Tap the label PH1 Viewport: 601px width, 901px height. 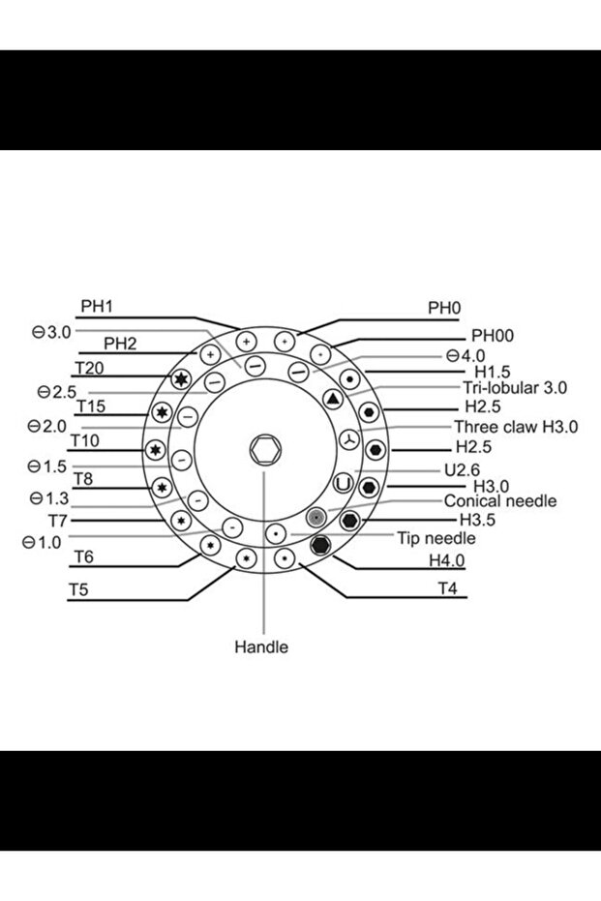[x=97, y=306]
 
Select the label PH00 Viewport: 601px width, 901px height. [x=492, y=336]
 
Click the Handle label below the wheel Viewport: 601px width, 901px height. [x=261, y=646]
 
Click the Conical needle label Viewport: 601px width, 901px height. [x=499, y=501]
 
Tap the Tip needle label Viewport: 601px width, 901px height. [x=436, y=538]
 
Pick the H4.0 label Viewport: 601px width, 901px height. [x=447, y=560]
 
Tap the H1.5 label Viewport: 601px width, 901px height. [x=493, y=371]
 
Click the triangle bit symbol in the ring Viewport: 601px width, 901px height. [x=333, y=399]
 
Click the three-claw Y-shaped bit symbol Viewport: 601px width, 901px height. [x=349, y=439]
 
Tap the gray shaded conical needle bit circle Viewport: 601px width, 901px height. [x=315, y=518]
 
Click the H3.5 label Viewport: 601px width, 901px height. [x=476, y=521]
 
